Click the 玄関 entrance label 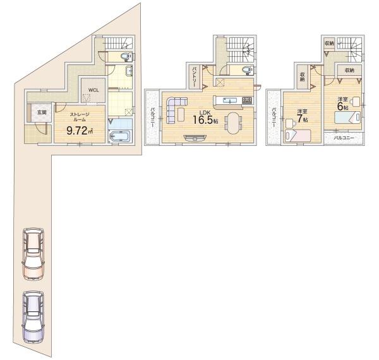tap(42, 112)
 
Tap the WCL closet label tap(93, 90)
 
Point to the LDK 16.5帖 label tap(205, 117)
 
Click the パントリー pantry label tap(194, 77)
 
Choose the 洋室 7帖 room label tap(302, 116)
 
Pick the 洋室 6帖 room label tap(343, 104)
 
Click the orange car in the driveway tap(33, 254)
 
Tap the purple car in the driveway tap(33, 317)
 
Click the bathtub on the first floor tap(120, 136)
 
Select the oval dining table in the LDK tap(233, 123)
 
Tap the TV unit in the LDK tap(195, 138)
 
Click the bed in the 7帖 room tap(298, 136)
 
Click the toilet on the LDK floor tap(247, 70)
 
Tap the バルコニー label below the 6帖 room tap(344, 138)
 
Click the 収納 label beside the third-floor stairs tap(329, 44)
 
